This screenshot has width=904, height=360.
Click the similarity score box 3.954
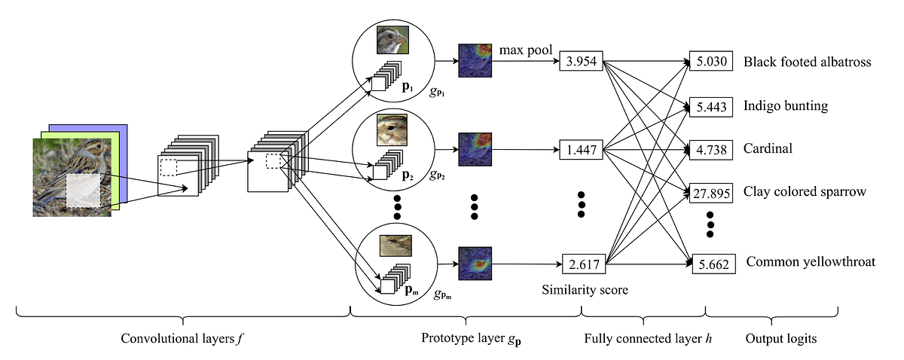580,62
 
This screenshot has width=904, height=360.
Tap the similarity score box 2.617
584,264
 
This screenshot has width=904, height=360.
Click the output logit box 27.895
710,193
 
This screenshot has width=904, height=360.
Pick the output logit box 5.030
710,63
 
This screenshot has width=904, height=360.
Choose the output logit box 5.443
710,107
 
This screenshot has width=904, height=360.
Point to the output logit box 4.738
710,150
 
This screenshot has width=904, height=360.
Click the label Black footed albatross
806,63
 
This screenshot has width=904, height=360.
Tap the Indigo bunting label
785,106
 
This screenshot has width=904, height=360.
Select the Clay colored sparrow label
804,192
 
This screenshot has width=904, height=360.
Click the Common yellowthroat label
811,262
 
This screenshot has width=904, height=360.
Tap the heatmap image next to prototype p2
475,150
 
